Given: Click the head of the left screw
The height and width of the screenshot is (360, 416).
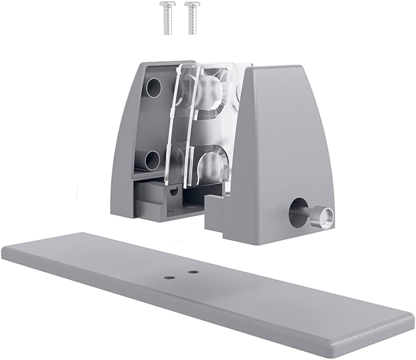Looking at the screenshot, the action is [x=165, y=6].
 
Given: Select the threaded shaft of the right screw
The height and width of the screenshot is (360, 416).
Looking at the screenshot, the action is [x=192, y=22].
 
